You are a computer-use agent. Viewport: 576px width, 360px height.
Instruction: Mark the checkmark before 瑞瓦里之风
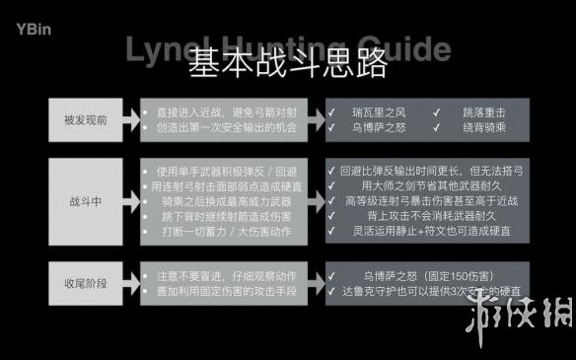(x=334, y=113)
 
